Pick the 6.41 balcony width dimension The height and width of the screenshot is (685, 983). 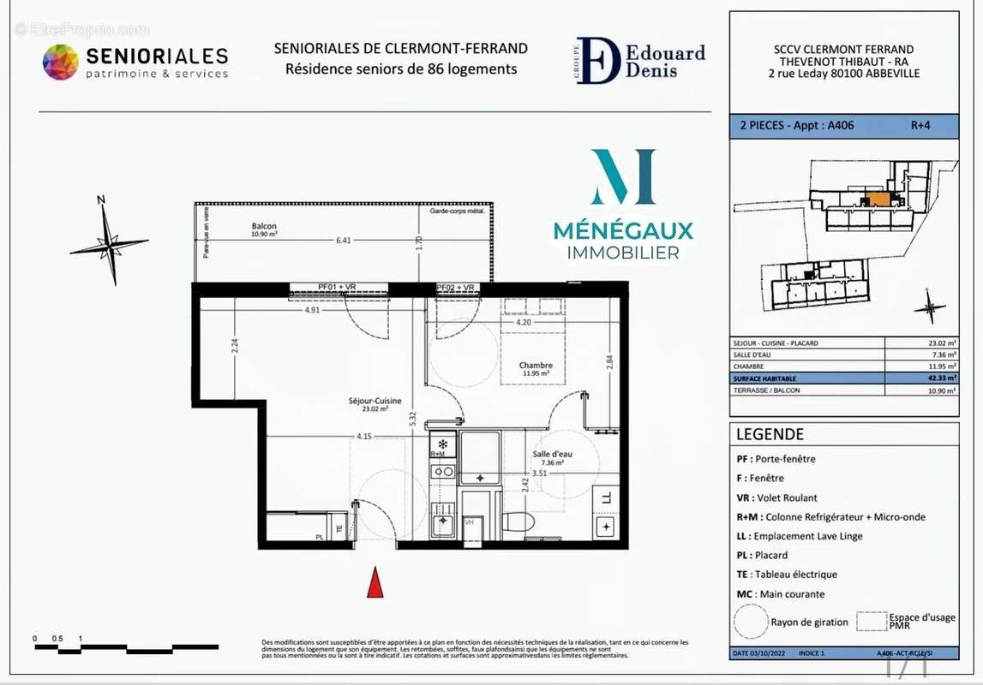(x=344, y=241)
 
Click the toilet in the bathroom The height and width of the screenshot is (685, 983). (x=517, y=521)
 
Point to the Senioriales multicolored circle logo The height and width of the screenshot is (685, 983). (x=60, y=63)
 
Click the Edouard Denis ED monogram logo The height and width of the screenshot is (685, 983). (x=598, y=60)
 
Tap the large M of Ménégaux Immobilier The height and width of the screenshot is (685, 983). (x=623, y=177)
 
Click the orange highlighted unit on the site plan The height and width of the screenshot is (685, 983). (x=879, y=200)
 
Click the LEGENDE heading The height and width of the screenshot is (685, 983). (x=770, y=434)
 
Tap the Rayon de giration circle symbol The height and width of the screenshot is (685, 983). (x=750, y=621)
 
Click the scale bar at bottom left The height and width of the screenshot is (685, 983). (x=126, y=647)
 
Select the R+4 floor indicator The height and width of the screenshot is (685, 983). (x=920, y=125)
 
